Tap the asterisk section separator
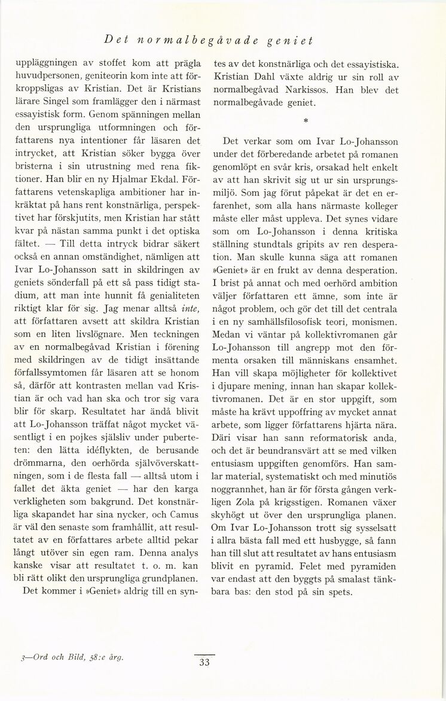pos(306,121)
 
